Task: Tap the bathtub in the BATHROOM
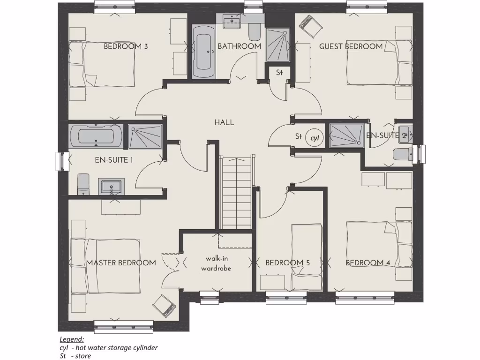[203, 52]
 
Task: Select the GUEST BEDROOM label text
[351, 46]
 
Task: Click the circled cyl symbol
[315, 138]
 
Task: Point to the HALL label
[224, 122]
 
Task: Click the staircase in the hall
[237, 192]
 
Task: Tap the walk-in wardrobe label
[216, 263]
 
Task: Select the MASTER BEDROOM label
[121, 262]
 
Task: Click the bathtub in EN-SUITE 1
[96, 136]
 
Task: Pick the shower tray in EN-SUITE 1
[145, 136]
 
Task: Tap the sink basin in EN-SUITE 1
[111, 186]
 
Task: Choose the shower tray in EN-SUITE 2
[346, 136]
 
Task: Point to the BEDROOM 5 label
[287, 263]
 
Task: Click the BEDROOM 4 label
[368, 263]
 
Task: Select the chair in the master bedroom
[164, 306]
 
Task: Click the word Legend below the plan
[72, 339]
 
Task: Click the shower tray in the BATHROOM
[278, 45]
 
